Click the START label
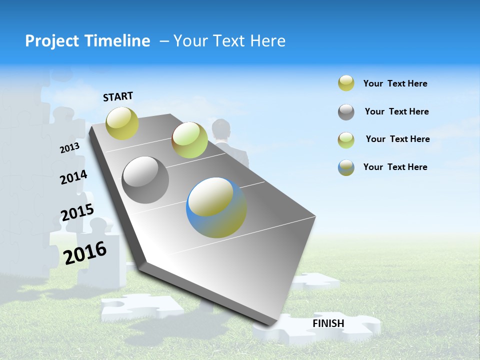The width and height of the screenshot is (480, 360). coord(118,96)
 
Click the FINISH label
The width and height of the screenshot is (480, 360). coord(328,323)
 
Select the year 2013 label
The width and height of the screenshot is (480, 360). coord(69,147)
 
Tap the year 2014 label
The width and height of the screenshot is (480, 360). coord(73,177)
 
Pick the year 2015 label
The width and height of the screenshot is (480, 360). coord(77,212)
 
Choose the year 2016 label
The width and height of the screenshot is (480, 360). coord(85,252)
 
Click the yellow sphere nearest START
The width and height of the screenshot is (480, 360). coord(122,123)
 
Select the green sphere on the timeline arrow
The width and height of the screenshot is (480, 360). coord(189,140)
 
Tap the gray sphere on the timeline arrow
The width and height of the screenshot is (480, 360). coord(145,180)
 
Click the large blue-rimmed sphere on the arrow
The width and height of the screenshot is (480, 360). coord(216,207)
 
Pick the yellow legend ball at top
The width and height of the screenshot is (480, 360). coord(346,83)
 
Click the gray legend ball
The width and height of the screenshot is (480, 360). coord(346,112)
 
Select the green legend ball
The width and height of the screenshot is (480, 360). coord(346,140)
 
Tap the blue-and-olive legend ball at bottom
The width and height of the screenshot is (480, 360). coord(346,167)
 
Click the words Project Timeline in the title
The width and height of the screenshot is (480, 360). coord(87,41)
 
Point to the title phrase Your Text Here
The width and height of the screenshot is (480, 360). coord(229,41)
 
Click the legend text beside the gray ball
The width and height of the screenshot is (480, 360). coord(396,111)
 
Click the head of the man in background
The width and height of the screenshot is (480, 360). coord(220,129)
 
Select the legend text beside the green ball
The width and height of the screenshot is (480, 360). coord(397,139)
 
